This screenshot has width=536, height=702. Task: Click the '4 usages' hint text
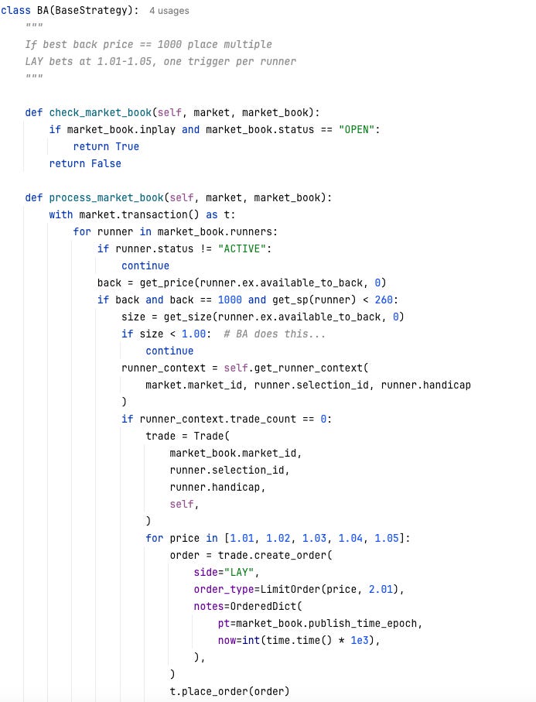tap(169, 11)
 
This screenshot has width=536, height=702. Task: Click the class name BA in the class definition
tap(43, 11)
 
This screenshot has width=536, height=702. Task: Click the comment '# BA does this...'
tap(274, 334)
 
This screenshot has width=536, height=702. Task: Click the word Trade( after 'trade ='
tap(211, 436)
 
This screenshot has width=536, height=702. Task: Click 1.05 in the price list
tap(389, 538)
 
